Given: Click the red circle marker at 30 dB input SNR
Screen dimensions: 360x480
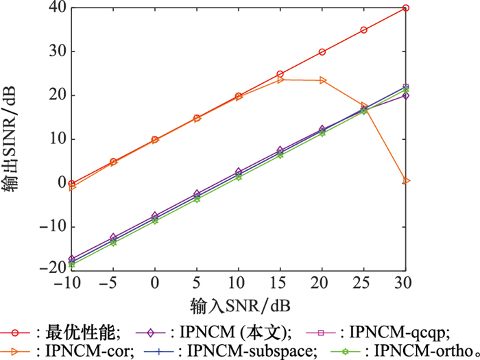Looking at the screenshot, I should pos(406,8).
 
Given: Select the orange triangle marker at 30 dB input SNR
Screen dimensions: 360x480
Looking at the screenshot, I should pos(406,180).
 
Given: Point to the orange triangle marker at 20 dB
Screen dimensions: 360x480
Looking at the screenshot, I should pos(322,80).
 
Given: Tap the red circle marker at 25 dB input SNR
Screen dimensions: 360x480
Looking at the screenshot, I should pos(364,30).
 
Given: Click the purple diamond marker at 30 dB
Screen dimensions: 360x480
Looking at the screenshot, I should pos(406,95).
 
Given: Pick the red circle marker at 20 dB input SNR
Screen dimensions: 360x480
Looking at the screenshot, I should pos(322,52).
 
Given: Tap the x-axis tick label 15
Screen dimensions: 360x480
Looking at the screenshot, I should pos(280,283).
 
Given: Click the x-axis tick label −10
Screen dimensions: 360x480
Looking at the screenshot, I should pos(71,283).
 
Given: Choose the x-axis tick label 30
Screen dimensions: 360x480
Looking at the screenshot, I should pos(406,283).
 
